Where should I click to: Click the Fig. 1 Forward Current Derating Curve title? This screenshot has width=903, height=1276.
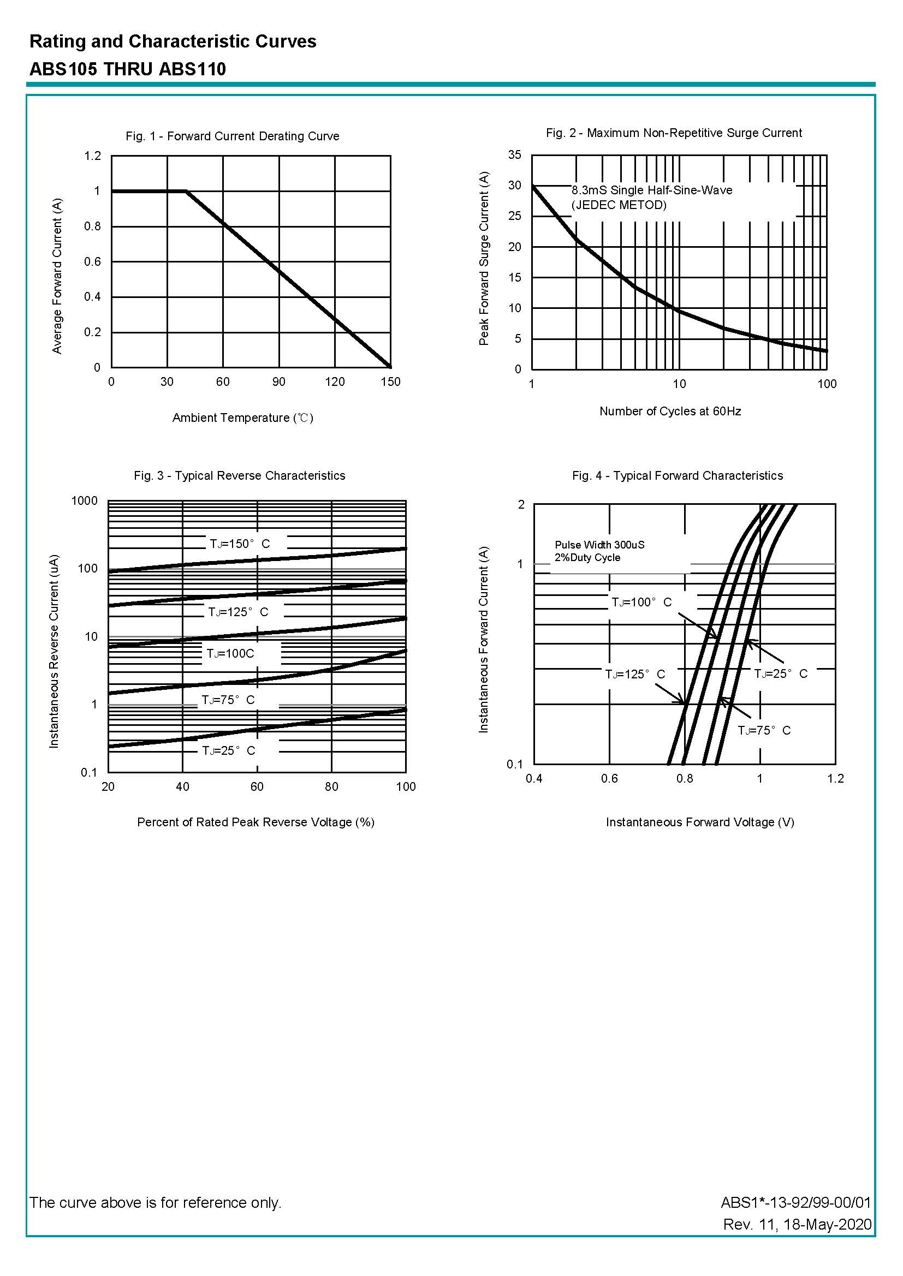[x=232, y=136]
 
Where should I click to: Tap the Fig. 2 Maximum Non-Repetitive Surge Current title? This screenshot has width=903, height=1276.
[x=673, y=133]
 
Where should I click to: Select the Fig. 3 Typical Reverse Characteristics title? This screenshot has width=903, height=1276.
[x=239, y=476]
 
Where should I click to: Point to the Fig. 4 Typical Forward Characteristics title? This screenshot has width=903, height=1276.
[x=677, y=476]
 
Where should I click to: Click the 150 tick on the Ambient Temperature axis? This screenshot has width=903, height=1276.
[x=390, y=382]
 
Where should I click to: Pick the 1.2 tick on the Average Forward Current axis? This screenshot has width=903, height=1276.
[x=93, y=156]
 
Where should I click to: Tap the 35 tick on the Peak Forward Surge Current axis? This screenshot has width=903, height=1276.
[x=514, y=155]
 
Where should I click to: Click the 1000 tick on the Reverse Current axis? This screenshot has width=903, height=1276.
[x=85, y=500]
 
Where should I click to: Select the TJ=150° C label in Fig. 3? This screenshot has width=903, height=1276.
[x=240, y=544]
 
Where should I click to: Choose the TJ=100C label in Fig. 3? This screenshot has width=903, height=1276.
[x=230, y=654]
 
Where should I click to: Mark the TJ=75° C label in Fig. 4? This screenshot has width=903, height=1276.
[x=764, y=731]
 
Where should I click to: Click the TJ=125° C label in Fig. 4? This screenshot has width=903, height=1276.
[x=635, y=675]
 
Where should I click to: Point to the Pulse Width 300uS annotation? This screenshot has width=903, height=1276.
[x=599, y=545]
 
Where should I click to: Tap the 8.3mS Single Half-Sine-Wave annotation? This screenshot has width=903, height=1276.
[x=652, y=190]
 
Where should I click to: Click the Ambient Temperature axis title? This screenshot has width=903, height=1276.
[x=242, y=418]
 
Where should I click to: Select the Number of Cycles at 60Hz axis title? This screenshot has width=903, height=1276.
[x=670, y=412]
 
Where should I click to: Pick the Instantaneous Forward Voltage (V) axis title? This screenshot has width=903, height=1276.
[x=699, y=822]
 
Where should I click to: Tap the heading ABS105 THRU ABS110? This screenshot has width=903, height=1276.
[x=128, y=69]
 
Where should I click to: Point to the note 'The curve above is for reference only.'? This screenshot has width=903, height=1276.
[x=156, y=1203]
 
